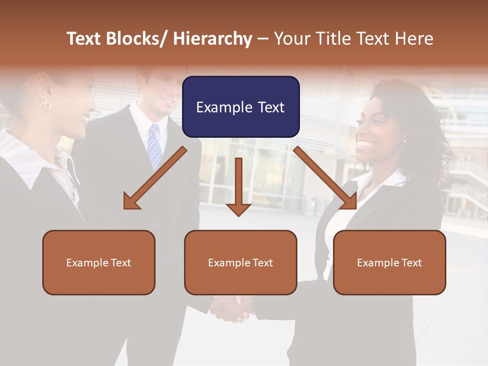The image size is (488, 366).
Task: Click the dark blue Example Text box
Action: [x=240, y=107]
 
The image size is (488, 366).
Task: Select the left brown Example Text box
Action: [x=99, y=262]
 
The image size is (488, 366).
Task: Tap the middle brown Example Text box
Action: [x=240, y=262]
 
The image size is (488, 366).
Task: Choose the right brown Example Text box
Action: [x=389, y=262]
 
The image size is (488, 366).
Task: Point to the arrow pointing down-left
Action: [x=155, y=178]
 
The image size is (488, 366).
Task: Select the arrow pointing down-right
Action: [x=325, y=178]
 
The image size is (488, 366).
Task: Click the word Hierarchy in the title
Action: [x=212, y=39]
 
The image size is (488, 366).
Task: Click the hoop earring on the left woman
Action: [x=47, y=106]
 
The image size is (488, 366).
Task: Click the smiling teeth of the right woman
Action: [x=364, y=144]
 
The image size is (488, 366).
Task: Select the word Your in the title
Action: [x=292, y=39]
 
